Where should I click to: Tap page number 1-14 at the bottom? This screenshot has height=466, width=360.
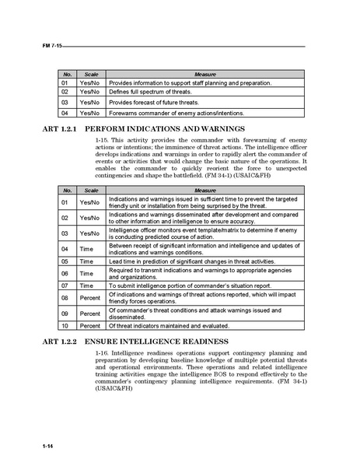48,445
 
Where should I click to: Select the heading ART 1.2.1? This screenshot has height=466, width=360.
60,128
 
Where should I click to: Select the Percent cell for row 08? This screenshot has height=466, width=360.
90,298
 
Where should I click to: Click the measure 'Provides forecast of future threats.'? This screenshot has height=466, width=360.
153,102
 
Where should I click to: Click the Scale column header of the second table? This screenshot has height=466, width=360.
90,190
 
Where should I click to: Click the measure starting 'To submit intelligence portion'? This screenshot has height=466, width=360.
190,285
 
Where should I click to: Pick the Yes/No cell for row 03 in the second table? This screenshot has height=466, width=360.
90,233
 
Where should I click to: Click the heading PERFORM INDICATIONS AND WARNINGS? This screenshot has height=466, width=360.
165,128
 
